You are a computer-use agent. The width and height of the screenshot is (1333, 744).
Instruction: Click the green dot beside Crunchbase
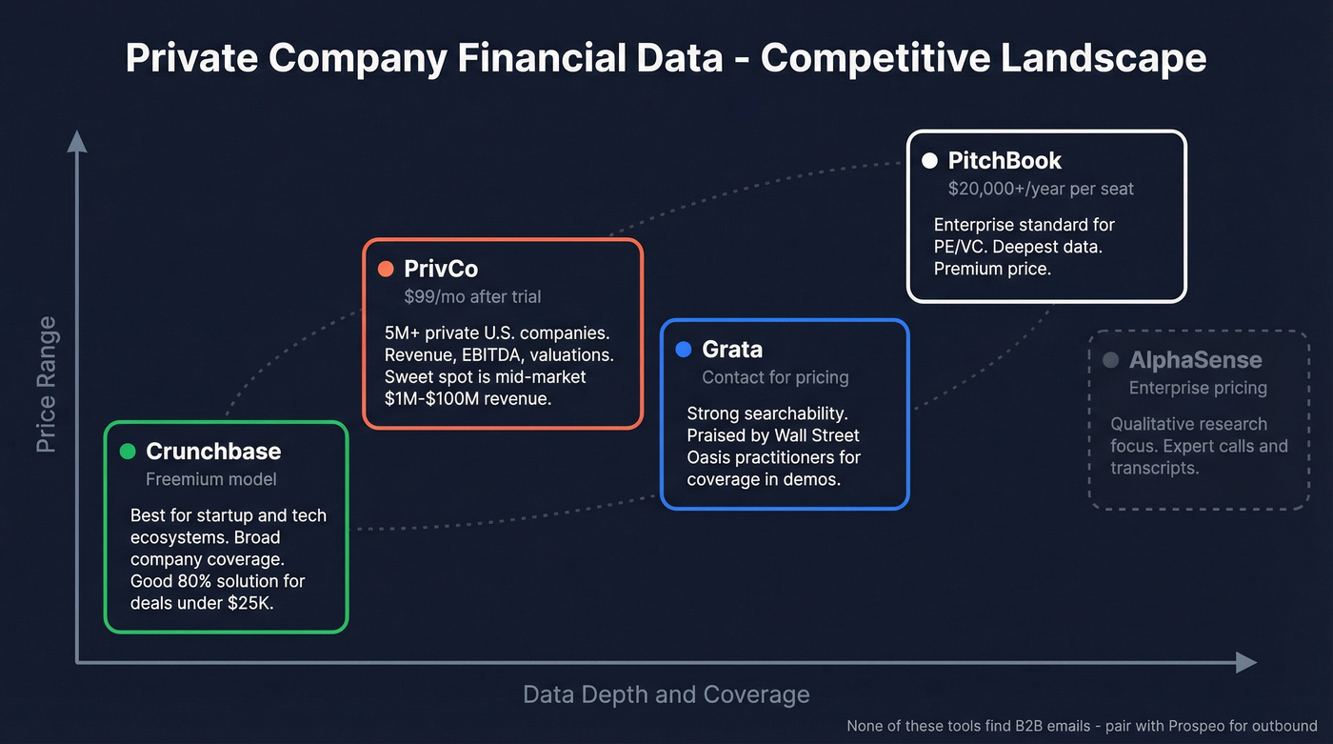click(x=128, y=452)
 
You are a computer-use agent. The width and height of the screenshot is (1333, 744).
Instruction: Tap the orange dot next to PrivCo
click(x=386, y=269)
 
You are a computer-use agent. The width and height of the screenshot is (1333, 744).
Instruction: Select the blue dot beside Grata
click(x=683, y=350)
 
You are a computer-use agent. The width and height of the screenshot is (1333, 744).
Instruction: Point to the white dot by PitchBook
click(x=929, y=161)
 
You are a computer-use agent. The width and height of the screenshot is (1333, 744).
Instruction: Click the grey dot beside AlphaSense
click(x=1110, y=360)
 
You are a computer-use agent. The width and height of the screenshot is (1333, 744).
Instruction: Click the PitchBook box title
click(x=1005, y=161)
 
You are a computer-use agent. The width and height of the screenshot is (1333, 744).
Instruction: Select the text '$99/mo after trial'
click(x=472, y=296)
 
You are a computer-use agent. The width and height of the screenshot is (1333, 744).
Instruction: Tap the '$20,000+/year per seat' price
click(x=1041, y=189)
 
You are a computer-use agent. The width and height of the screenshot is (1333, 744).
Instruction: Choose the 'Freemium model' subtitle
click(x=211, y=479)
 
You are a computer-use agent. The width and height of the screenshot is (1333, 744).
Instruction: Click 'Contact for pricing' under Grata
click(x=775, y=377)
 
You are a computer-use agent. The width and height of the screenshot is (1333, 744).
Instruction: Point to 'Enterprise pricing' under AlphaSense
click(x=1198, y=388)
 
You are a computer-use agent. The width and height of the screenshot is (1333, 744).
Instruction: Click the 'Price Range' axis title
click(x=46, y=385)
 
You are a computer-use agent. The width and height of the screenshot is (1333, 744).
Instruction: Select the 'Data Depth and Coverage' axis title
click(x=666, y=694)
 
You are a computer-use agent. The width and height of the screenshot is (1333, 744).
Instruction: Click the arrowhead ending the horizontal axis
click(x=1246, y=662)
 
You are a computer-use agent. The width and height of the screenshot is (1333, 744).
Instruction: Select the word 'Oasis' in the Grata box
click(x=710, y=457)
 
